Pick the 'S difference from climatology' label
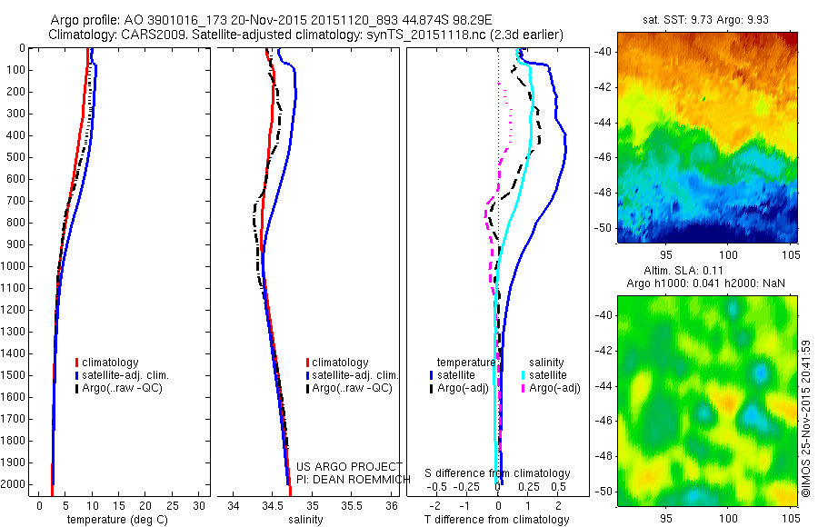(498, 473)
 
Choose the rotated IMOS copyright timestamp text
(806, 419)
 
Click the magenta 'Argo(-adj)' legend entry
(554, 388)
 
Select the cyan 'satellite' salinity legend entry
(548, 374)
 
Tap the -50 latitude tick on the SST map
(604, 227)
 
